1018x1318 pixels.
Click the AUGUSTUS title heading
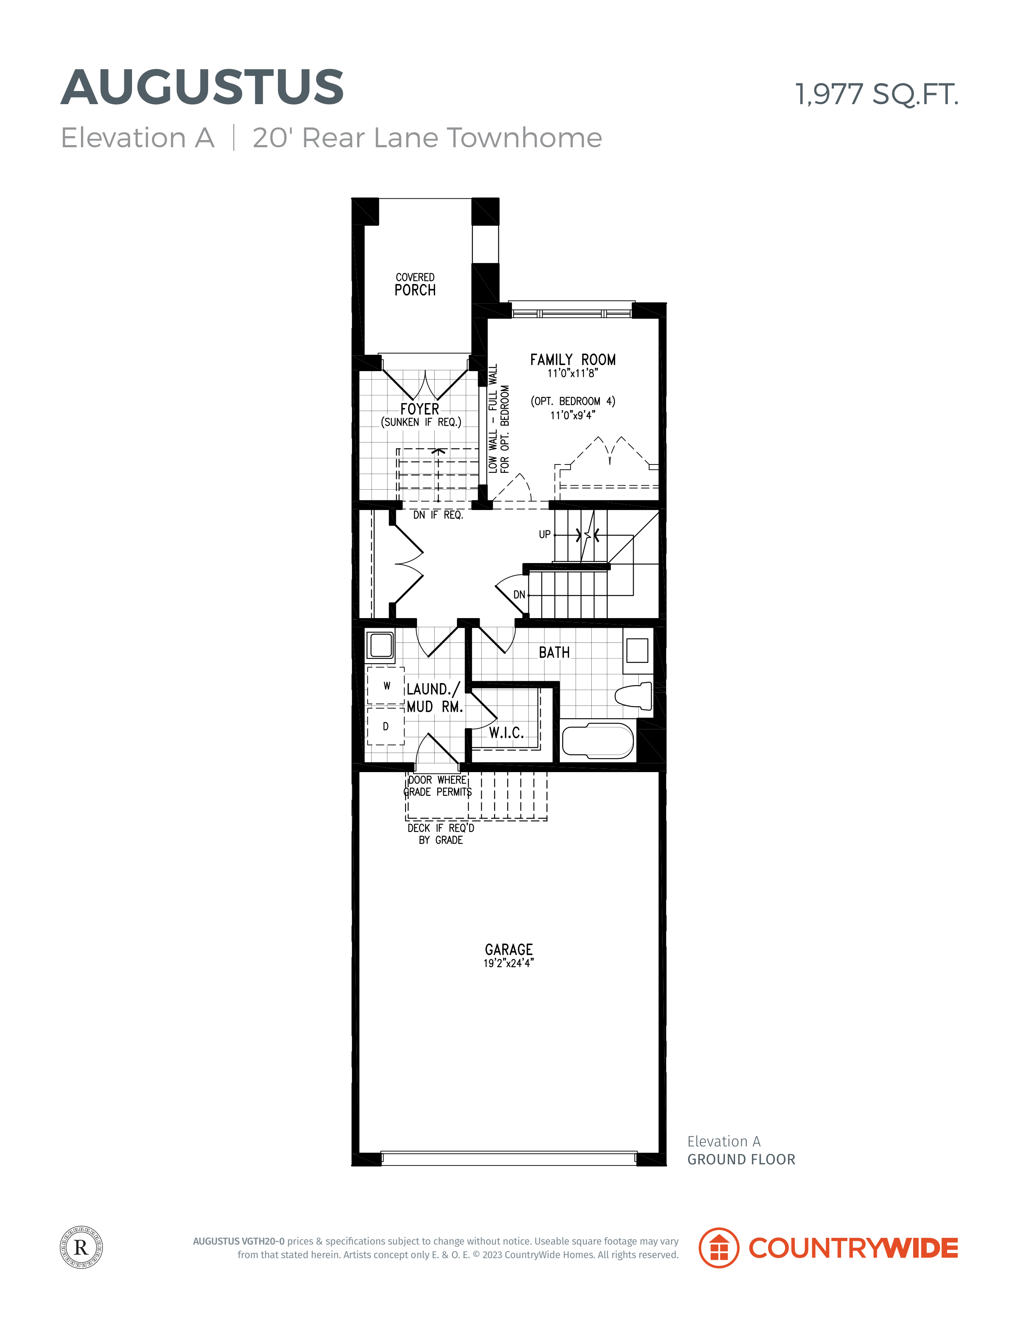[203, 87]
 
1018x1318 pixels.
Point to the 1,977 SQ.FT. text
[876, 95]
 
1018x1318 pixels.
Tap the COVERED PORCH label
[415, 284]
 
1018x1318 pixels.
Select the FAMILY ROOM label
[573, 360]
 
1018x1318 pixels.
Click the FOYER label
[420, 409]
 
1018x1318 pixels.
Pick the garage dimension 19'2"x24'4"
[508, 963]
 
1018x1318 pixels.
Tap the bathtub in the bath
[598, 741]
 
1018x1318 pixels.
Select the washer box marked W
[386, 686]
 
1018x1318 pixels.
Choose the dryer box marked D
[386, 726]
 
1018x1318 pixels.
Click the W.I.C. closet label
[506, 733]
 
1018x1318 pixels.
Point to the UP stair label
[545, 535]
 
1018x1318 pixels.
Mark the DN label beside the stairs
[519, 595]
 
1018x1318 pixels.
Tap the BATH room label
[554, 652]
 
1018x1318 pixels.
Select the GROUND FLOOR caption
[741, 1159]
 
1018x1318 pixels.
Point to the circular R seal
[81, 1247]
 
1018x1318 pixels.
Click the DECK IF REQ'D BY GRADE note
[441, 834]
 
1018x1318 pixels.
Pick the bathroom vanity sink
[638, 650]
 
